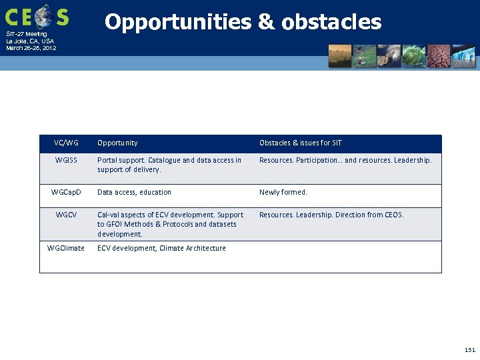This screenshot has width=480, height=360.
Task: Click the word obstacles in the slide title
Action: [331, 23]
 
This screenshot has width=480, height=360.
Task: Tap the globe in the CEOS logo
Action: [44, 16]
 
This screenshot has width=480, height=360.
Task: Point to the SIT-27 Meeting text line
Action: [27, 34]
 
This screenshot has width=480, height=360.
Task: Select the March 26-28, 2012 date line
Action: [31, 48]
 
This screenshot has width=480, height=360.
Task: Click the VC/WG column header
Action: [67, 143]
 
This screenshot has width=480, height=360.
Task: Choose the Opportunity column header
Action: [117, 143]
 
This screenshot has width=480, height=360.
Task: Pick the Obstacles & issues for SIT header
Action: [300, 143]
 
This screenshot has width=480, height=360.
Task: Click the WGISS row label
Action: [67, 160]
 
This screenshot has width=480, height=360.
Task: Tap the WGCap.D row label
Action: [67, 192]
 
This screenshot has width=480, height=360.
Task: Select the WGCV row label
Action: [67, 215]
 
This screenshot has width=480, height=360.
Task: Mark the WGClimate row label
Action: [66, 248]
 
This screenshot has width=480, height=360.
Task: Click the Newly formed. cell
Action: [283, 192]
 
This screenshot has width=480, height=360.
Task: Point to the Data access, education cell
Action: [134, 192]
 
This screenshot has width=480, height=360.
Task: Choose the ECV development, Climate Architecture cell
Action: [161, 248]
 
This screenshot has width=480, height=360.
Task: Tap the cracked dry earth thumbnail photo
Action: [439, 56]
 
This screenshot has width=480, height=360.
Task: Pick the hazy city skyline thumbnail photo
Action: [340, 56]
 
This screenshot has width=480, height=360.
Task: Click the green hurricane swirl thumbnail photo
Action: [414, 56]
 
